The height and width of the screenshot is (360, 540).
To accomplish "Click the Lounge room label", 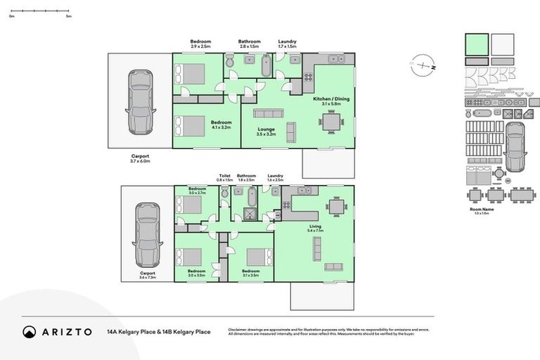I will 265,129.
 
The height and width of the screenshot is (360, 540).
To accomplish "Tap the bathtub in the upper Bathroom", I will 265,67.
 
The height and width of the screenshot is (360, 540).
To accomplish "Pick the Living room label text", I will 314,226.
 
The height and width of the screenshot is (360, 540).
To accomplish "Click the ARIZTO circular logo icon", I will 30,332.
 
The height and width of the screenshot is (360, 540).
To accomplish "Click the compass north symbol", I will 423,66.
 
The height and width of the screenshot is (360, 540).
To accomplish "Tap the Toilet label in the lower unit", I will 224,176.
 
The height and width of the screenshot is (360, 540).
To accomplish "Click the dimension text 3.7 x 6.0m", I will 141,161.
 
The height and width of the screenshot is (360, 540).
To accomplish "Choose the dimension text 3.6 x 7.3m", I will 147,277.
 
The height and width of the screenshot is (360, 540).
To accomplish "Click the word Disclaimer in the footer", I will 240,329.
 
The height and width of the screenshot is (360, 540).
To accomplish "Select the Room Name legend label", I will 482,210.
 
